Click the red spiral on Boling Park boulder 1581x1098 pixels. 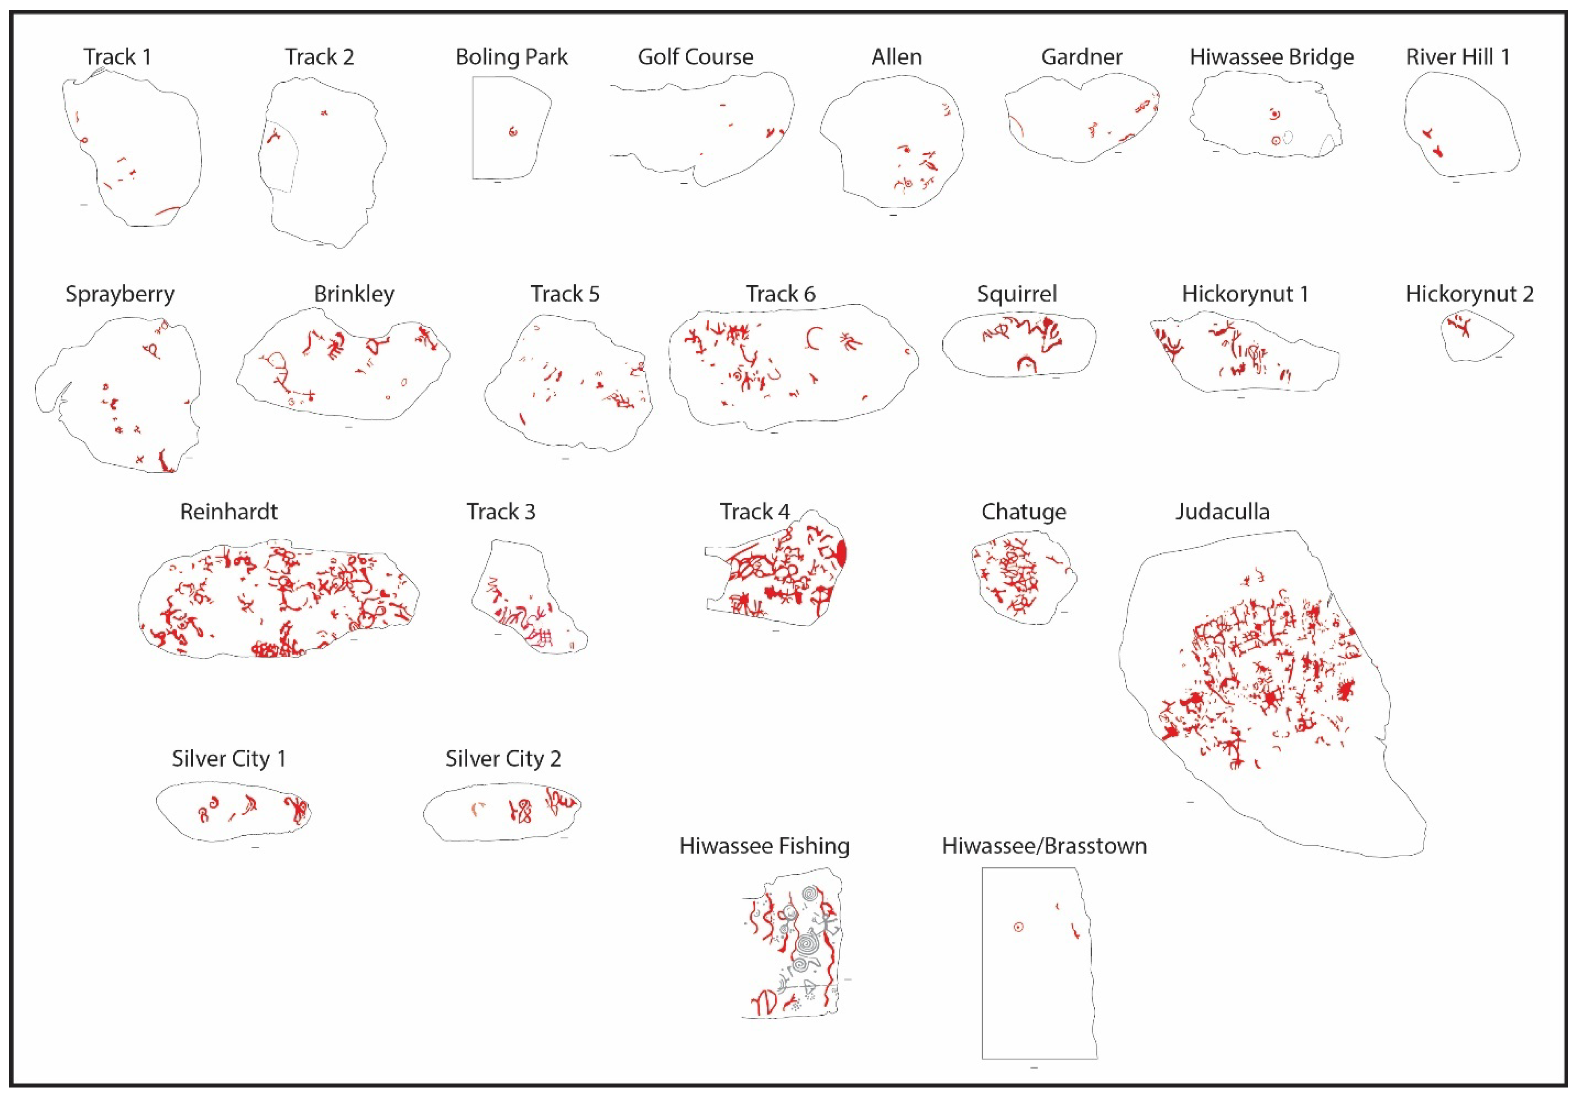pyautogui.click(x=513, y=132)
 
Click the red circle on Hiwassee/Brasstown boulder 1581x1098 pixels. pyautogui.click(x=1018, y=927)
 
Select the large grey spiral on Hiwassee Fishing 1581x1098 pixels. pyautogui.click(x=807, y=946)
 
